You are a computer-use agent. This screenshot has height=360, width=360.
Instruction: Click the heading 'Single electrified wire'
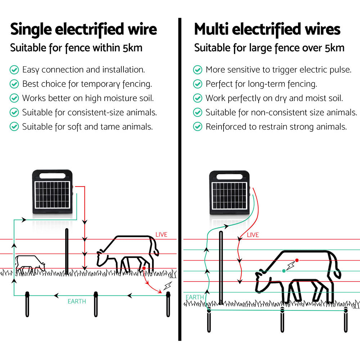(x=84, y=30)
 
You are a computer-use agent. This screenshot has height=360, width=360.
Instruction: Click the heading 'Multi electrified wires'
(x=267, y=30)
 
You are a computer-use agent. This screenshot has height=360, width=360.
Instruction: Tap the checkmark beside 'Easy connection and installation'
(x=14, y=69)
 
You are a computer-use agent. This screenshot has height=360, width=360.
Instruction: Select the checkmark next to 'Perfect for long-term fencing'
(x=198, y=84)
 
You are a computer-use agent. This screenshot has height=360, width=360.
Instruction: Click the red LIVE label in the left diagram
(x=161, y=235)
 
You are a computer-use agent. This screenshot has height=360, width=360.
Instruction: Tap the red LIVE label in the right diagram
(x=253, y=235)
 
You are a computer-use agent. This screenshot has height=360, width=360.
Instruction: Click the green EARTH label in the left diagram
(x=77, y=301)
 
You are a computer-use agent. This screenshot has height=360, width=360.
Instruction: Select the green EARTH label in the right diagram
(x=194, y=297)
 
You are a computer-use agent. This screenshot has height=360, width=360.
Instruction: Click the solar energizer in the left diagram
(x=53, y=194)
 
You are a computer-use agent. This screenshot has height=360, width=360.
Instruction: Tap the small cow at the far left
(x=30, y=264)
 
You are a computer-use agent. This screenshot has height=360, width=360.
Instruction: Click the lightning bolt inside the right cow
(x=290, y=266)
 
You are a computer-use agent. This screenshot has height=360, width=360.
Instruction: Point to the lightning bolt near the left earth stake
(x=167, y=286)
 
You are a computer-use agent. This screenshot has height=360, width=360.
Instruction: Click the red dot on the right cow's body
(x=297, y=260)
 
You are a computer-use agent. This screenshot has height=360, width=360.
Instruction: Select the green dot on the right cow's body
(x=284, y=270)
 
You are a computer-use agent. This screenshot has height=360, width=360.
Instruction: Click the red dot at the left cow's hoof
(x=144, y=268)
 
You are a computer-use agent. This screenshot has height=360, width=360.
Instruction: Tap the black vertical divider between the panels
(x=180, y=180)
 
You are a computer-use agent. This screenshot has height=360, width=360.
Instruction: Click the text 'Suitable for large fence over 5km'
(x=269, y=48)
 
